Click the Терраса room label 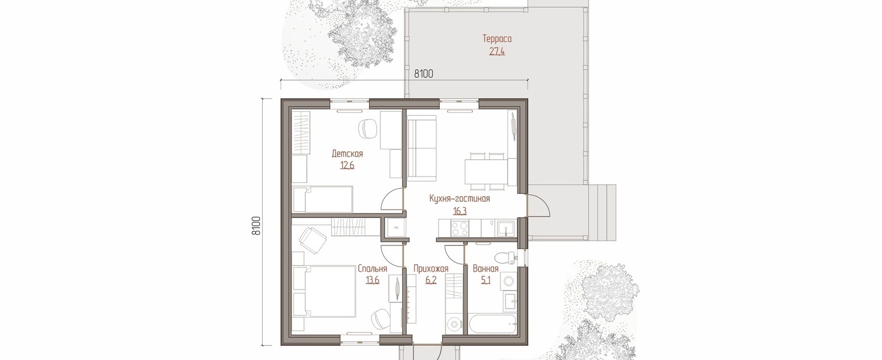[x=497, y=39]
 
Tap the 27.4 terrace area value [x=497, y=51]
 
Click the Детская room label [x=347, y=154]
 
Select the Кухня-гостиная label [x=459, y=198]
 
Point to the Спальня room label [x=372, y=269]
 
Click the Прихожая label [x=431, y=269]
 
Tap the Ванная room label [x=486, y=269]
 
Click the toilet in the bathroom [x=505, y=258]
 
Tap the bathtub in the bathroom [x=492, y=324]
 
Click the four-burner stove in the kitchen [x=459, y=228]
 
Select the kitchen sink [x=505, y=228]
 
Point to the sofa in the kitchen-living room [x=422, y=148]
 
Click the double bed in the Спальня [x=324, y=291]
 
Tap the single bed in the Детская [x=323, y=199]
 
